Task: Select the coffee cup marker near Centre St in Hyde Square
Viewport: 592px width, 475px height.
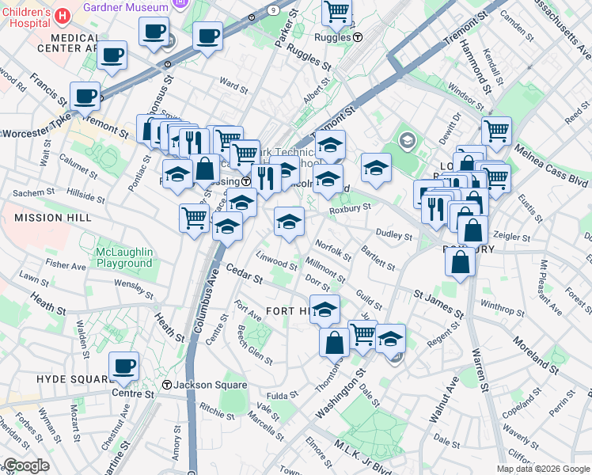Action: (x=123, y=367)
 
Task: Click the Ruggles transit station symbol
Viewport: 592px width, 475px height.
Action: (x=358, y=36)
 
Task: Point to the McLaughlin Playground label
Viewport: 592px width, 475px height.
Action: (x=123, y=257)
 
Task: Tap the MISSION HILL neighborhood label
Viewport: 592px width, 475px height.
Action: (x=39, y=218)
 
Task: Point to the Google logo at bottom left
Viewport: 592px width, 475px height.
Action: (x=26, y=465)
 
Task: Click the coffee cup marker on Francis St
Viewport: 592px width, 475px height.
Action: (x=85, y=97)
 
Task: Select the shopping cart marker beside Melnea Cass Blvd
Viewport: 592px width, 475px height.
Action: (x=496, y=131)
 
